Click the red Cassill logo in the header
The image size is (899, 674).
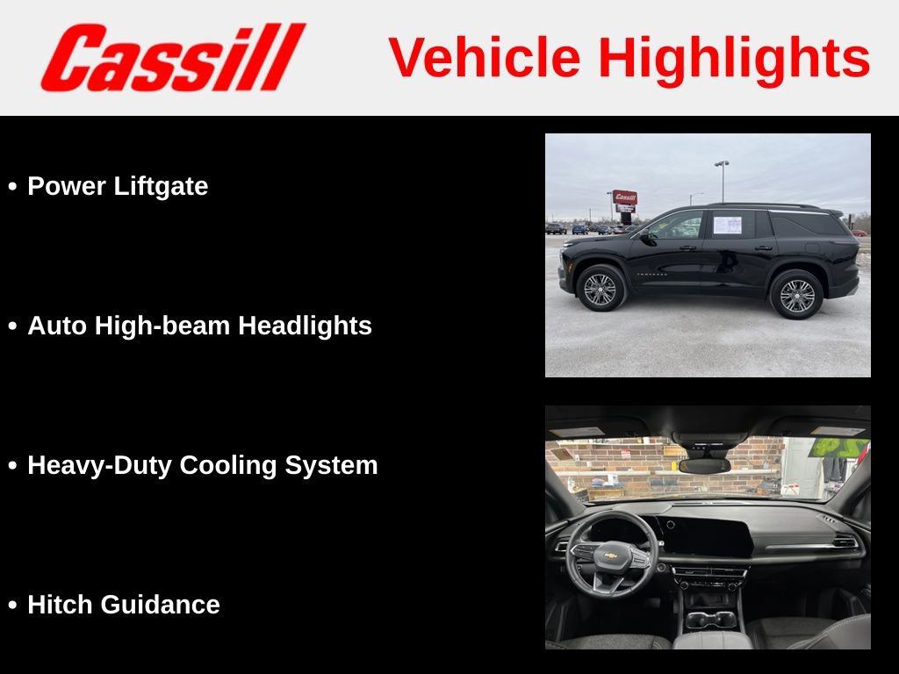[x=172, y=57]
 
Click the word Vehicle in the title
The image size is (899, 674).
[x=484, y=58]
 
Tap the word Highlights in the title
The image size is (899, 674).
[x=734, y=58]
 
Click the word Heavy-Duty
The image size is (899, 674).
[x=100, y=465]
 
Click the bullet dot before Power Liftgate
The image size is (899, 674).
[x=12, y=187]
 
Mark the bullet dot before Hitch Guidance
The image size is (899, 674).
[x=12, y=606]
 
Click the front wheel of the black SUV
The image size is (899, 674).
[x=601, y=289]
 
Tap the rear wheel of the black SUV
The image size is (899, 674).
[x=796, y=295]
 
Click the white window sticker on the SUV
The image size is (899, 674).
[x=727, y=225]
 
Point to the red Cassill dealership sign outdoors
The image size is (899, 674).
[x=625, y=197]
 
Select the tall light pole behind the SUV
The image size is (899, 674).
[x=722, y=180]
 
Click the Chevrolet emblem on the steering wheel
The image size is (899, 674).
[x=610, y=556]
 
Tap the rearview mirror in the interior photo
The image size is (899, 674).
[x=704, y=465]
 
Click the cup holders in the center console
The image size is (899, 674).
[x=711, y=620]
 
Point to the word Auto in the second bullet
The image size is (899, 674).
[x=57, y=326]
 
